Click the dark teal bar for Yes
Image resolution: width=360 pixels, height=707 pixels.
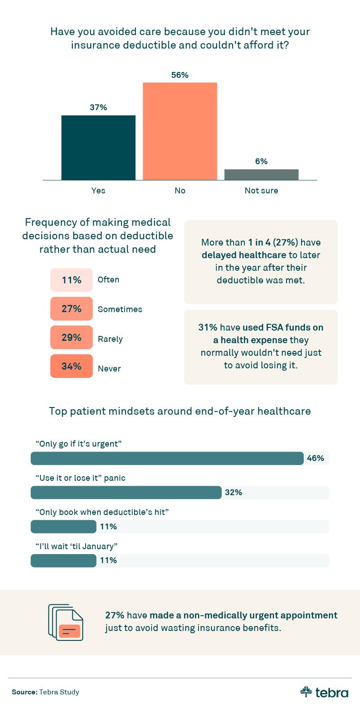point(98,148)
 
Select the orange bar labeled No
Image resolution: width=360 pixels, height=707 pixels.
point(180,131)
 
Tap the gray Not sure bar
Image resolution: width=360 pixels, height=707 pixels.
point(261,175)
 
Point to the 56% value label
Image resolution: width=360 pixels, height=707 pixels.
point(180,75)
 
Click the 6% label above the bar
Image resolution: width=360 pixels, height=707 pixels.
point(261,161)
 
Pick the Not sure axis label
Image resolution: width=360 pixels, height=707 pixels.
point(261,190)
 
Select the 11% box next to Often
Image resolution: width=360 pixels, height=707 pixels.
point(71,280)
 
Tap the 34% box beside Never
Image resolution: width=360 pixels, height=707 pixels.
point(71,366)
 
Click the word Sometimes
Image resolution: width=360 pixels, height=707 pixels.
point(120,309)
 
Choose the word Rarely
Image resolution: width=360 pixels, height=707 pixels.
point(110,339)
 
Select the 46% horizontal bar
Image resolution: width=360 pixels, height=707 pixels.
point(167,458)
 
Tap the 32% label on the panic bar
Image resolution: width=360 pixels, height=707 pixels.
point(234,492)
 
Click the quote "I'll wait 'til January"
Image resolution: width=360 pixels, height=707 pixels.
point(76,546)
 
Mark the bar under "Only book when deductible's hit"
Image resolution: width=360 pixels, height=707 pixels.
point(63,526)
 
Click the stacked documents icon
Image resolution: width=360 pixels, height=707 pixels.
point(66,623)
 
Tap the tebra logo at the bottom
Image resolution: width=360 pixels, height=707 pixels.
point(324,692)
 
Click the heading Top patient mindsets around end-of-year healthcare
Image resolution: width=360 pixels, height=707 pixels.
point(180,411)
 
